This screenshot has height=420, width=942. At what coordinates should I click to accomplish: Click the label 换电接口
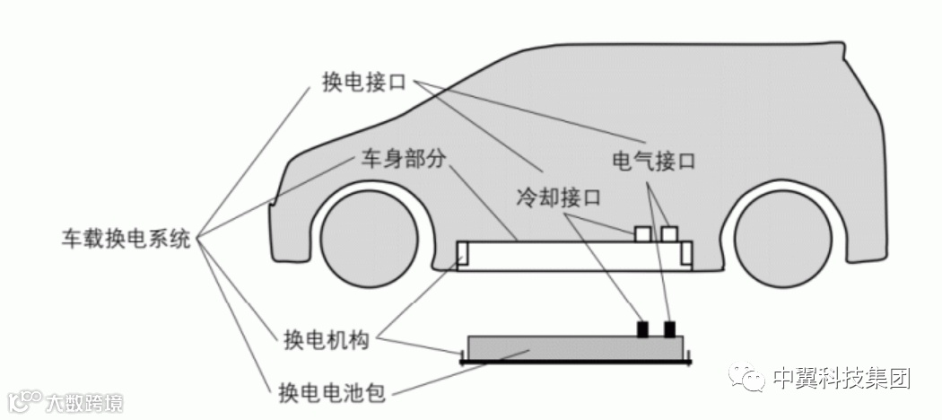point(364,82)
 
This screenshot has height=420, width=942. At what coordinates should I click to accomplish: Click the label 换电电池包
point(335,392)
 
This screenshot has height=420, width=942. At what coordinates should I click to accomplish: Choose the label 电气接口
point(653,162)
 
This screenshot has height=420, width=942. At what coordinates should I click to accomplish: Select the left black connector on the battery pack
point(643,328)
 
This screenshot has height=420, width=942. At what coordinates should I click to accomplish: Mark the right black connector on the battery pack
point(669,328)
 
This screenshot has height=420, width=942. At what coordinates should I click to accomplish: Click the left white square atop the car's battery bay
point(643,233)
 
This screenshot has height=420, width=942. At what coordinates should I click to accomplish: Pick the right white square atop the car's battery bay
point(669,233)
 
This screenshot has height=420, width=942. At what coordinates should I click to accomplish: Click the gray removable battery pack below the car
point(574,349)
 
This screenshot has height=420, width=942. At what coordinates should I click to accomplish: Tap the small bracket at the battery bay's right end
point(686,254)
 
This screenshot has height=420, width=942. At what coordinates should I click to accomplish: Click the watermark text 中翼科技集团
point(841,380)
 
